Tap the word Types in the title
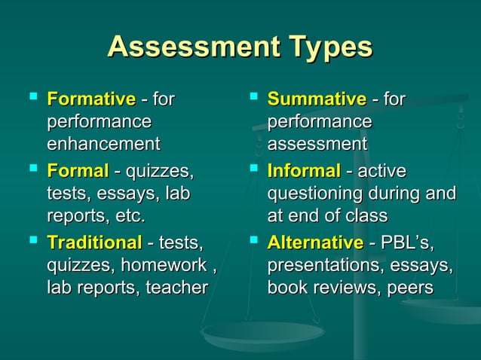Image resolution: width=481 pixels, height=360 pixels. (x=326, y=47)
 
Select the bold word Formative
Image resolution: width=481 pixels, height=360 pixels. (x=90, y=99)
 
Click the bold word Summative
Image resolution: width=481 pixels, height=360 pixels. (x=317, y=99)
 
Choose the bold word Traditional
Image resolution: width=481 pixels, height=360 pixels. (x=93, y=243)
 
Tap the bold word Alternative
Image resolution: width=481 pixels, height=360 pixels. (x=314, y=243)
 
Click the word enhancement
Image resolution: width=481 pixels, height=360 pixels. (x=103, y=143)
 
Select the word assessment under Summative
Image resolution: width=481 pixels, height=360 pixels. (x=317, y=143)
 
